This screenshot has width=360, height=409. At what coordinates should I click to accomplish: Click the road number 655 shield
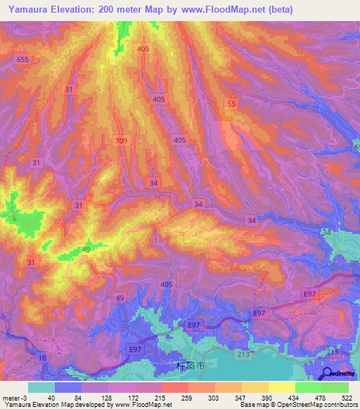click(23, 60)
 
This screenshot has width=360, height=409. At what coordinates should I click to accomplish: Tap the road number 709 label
click(122, 141)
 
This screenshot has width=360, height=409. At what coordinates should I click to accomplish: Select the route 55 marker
click(231, 103)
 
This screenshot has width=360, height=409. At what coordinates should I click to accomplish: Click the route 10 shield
click(44, 358)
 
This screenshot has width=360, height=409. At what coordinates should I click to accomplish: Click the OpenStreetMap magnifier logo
click(328, 373)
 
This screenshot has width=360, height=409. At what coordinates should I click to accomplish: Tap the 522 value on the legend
click(347, 398)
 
